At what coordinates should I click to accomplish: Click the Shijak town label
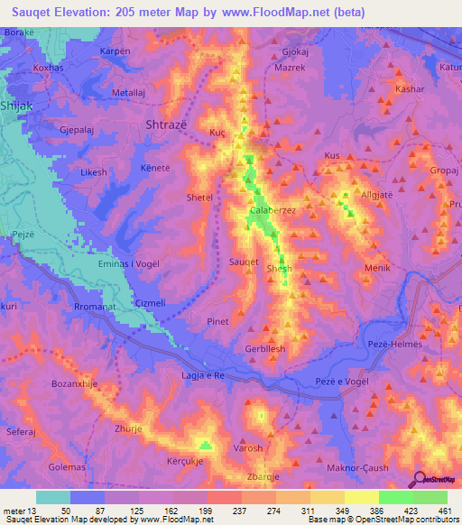coord(21,106)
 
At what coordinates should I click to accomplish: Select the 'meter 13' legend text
coord(18,511)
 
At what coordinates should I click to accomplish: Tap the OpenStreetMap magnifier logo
coord(420,480)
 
